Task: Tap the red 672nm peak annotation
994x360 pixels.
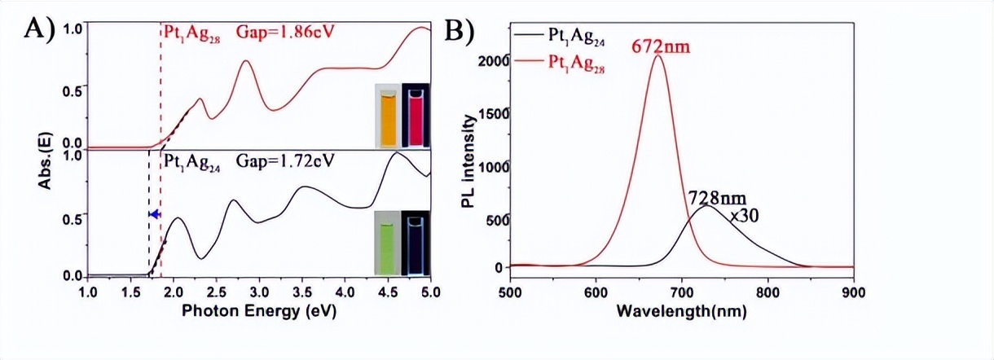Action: (x=661, y=47)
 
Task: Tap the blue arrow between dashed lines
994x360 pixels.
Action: (x=153, y=213)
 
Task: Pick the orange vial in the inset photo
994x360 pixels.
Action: (x=388, y=118)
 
